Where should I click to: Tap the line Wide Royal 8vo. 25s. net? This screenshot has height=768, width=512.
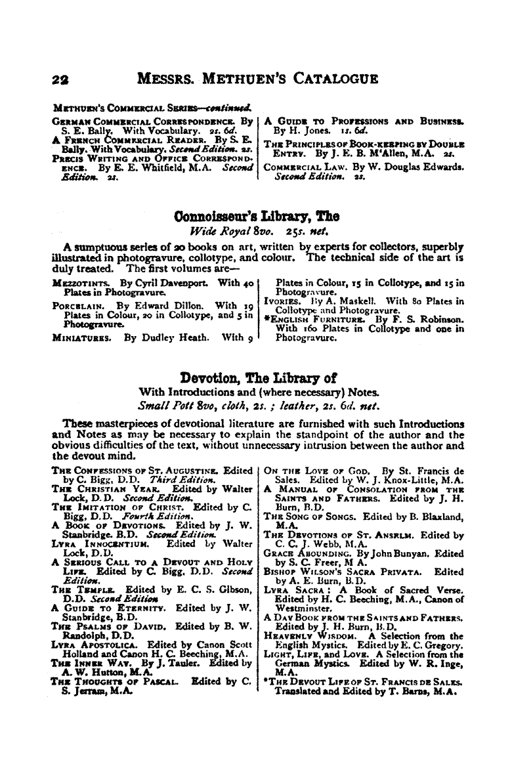[x=256, y=232]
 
